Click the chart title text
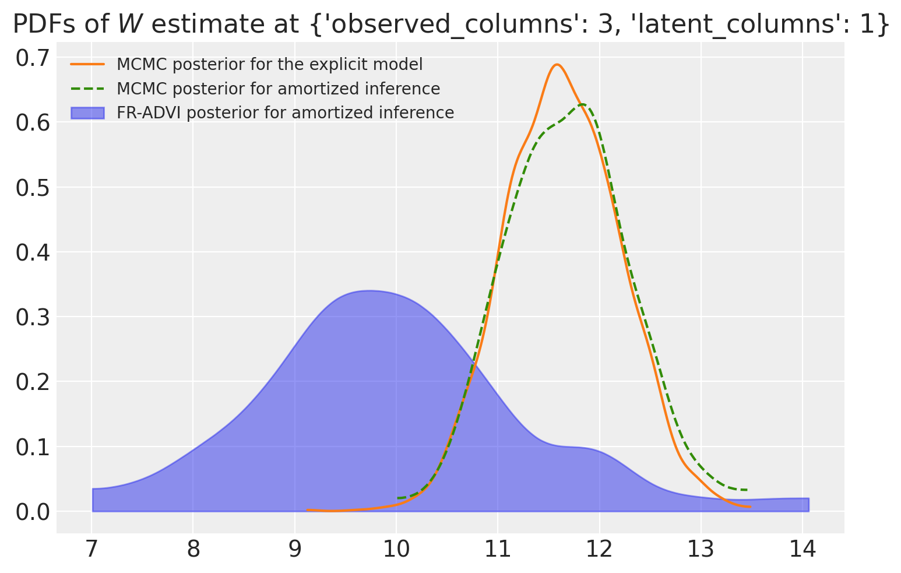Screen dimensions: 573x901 tap(450, 24)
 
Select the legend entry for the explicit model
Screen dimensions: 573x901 tap(269, 64)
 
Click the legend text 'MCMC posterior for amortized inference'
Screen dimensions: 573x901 tap(278, 89)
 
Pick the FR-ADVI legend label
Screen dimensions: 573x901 tap(285, 113)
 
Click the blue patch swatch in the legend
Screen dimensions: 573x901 tap(87, 113)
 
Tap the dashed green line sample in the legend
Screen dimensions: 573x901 tap(87, 89)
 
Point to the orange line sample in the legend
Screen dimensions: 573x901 tap(87, 64)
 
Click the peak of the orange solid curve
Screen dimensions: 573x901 tap(557, 65)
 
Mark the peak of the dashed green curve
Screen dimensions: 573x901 tap(582, 104)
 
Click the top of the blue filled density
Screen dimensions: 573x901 tap(369, 291)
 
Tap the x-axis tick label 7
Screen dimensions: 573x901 tap(91, 549)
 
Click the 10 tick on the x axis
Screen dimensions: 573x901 tap(396, 549)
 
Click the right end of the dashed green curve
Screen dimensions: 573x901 tap(747, 490)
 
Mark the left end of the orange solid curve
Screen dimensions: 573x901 tap(307, 510)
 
